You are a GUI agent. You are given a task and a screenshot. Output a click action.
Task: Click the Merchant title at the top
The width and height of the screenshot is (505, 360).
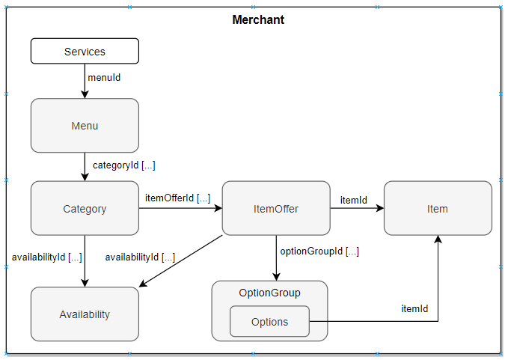(258, 19)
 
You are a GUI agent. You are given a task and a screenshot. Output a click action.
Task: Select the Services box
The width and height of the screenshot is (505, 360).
(85, 52)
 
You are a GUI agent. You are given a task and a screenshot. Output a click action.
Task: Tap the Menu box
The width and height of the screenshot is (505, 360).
(85, 126)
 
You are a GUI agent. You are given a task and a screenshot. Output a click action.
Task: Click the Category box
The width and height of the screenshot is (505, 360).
(85, 209)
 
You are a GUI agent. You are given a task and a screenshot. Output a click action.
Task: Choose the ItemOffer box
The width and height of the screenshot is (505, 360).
(276, 209)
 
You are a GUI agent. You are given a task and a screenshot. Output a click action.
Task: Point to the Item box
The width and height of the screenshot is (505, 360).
(438, 209)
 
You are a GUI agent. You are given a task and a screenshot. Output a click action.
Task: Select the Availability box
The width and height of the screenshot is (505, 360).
(85, 314)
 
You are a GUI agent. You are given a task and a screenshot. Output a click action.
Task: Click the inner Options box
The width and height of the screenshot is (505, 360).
(269, 322)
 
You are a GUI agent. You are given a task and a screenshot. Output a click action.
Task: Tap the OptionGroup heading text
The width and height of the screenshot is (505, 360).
(269, 292)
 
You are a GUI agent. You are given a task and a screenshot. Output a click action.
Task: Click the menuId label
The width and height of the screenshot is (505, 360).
(104, 77)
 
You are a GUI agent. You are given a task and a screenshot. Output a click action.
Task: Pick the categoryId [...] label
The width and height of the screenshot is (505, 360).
(123, 165)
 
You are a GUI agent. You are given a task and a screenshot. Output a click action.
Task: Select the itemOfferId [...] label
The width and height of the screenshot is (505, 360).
(177, 198)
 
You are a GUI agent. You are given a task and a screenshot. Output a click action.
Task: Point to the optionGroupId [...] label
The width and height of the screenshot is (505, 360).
(319, 251)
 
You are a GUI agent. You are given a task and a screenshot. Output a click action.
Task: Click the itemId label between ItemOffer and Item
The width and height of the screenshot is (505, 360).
(354, 200)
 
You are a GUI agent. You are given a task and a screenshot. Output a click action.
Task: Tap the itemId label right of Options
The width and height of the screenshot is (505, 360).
(414, 308)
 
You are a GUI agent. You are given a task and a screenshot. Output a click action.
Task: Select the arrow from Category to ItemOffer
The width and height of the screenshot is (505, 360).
(180, 209)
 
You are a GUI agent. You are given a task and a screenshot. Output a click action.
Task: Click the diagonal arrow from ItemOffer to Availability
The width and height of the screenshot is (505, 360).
(182, 260)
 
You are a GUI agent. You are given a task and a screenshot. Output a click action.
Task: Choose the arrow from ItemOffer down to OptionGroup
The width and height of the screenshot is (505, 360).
(276, 257)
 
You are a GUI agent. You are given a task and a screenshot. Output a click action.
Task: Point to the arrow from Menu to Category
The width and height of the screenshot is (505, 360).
(85, 166)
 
